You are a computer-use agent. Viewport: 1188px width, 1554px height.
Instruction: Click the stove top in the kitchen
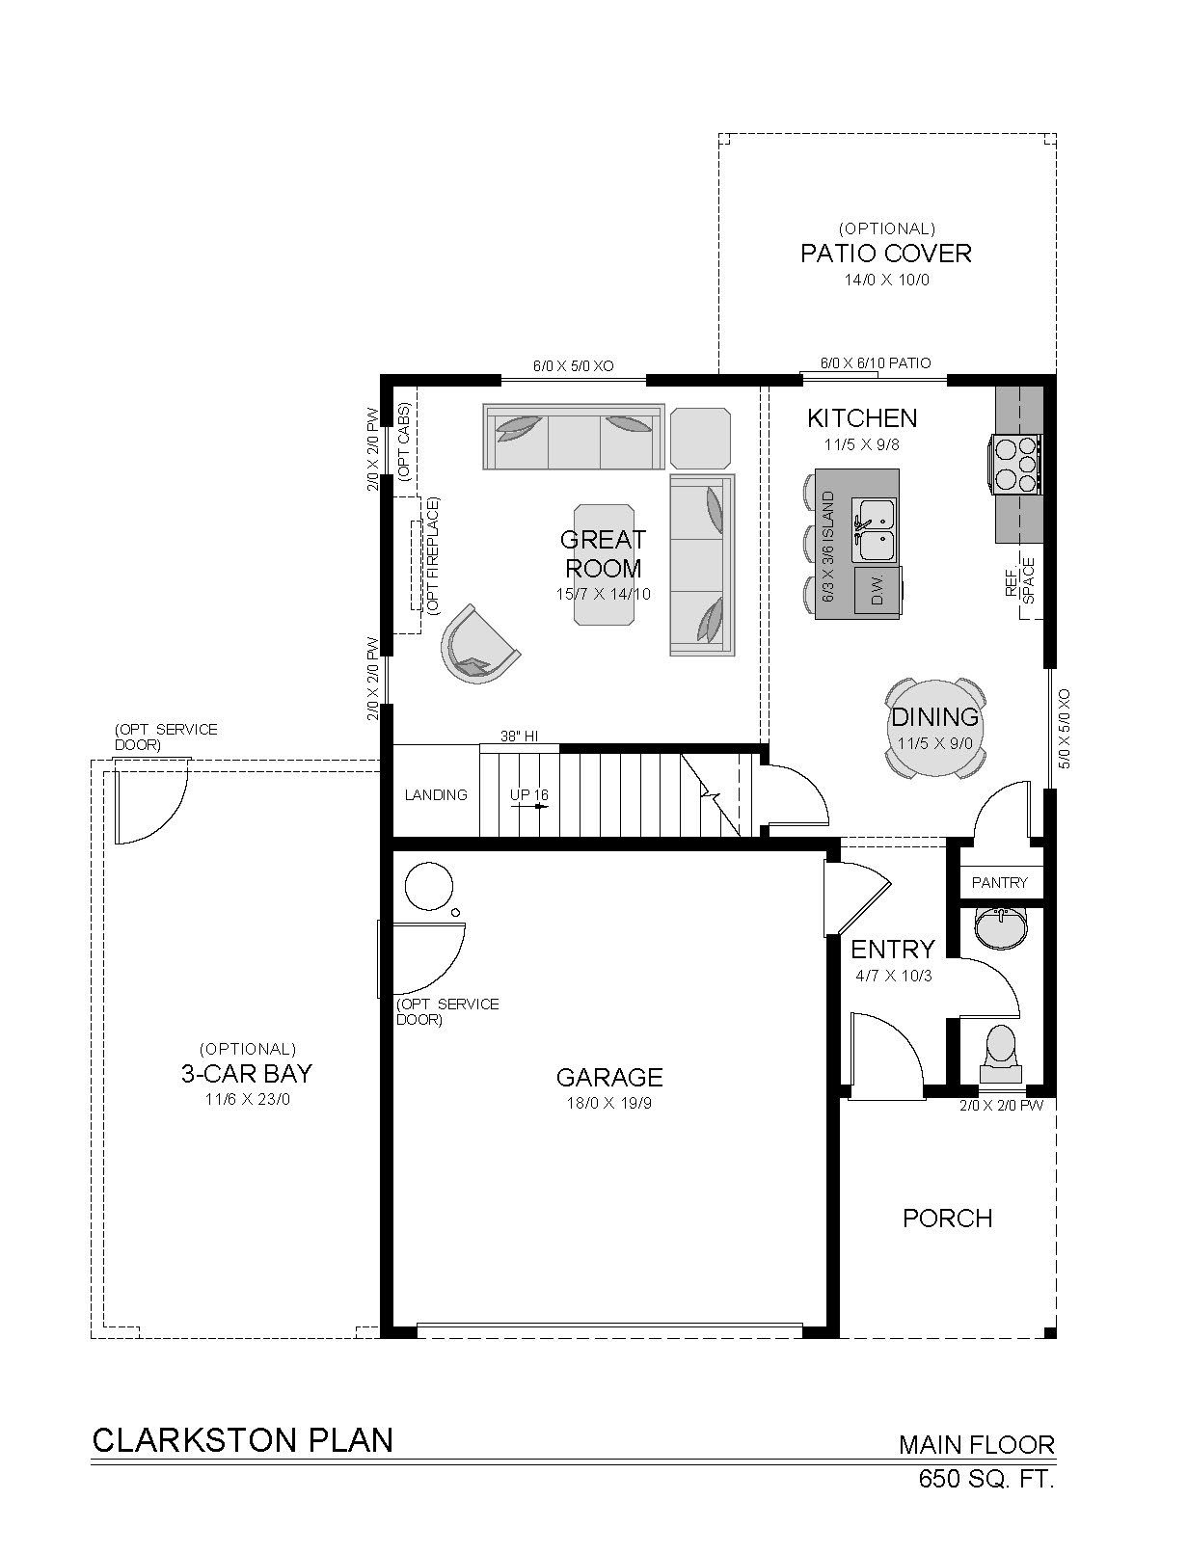(x=1016, y=465)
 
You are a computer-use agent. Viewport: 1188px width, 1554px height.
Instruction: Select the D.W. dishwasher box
(x=878, y=590)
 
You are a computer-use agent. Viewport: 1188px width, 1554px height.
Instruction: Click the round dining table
(x=933, y=728)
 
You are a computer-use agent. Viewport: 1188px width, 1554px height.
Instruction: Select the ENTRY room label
(x=893, y=949)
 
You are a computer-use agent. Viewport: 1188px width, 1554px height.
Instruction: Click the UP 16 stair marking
(x=528, y=795)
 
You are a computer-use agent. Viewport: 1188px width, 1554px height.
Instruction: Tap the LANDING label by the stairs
(x=436, y=795)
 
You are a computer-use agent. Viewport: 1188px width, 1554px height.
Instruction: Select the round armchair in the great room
(x=478, y=644)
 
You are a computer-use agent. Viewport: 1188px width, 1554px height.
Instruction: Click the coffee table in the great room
(x=604, y=564)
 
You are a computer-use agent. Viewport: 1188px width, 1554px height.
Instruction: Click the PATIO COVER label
(x=885, y=253)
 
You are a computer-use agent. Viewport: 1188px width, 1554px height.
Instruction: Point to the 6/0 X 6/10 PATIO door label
(x=875, y=363)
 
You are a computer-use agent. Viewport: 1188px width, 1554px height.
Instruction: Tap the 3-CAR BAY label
(x=247, y=1073)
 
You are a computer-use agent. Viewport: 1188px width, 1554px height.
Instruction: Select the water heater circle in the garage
(x=429, y=886)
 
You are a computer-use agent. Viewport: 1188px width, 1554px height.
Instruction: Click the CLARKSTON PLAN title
(x=242, y=1440)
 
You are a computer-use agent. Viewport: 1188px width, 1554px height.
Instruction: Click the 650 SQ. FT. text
(x=986, y=1494)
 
